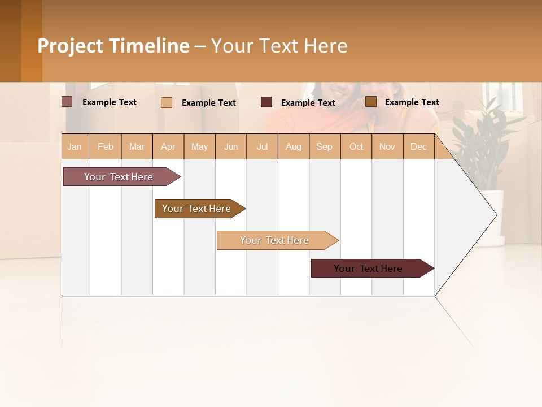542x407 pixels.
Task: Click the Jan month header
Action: point(75,147)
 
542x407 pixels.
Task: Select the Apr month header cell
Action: point(168,147)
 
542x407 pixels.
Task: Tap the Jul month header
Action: point(262,147)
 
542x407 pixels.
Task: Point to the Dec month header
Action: point(418,147)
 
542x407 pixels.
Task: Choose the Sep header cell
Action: point(324,147)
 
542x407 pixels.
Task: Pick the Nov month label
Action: point(387,147)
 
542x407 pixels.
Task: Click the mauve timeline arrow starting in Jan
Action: point(119,177)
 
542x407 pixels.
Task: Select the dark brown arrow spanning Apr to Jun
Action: point(197,209)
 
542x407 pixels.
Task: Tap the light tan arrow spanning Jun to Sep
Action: point(275,240)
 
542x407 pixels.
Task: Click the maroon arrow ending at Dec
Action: point(369,269)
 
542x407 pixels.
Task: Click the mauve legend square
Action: point(67,102)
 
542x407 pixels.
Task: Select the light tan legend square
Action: point(167,102)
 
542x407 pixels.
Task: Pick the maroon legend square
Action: point(266,102)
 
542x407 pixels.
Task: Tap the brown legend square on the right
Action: point(371,102)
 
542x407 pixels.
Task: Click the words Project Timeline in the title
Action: point(113,46)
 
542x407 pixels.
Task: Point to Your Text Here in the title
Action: point(279,46)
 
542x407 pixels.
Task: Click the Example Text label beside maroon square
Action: point(308,103)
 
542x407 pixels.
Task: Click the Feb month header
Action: point(106,147)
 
